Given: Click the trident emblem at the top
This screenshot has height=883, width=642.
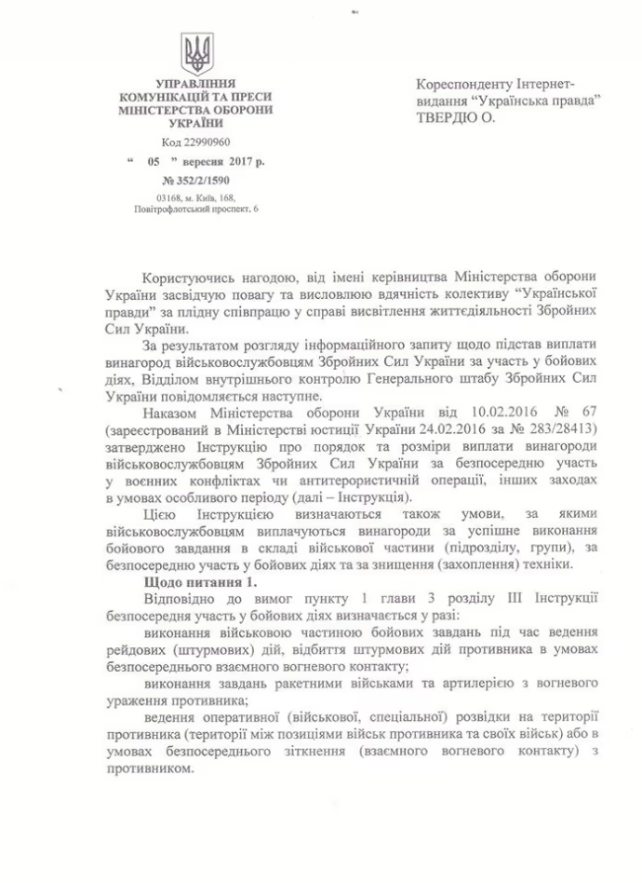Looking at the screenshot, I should coord(197,53).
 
